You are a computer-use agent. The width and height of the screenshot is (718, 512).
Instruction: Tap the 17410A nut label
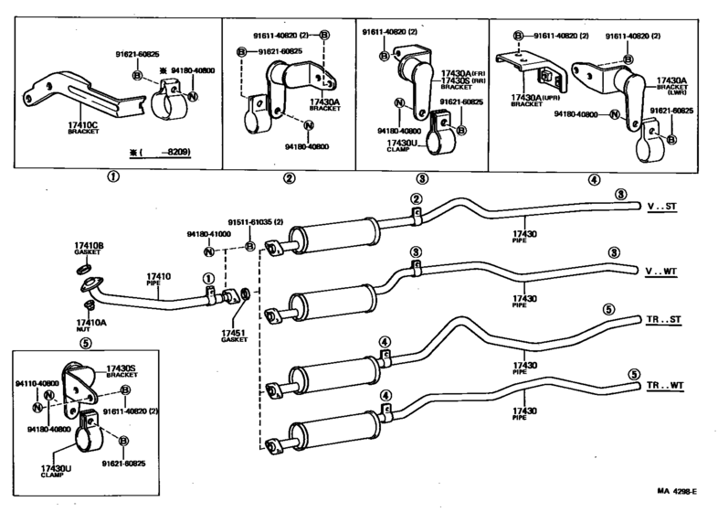click(x=90, y=323)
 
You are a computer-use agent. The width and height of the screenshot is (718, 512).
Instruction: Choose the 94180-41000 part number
click(x=208, y=234)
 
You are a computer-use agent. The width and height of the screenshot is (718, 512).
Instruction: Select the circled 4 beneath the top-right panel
click(x=595, y=179)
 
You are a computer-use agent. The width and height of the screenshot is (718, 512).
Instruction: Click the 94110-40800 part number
click(x=37, y=384)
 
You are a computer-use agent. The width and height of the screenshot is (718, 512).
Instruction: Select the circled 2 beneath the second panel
click(x=289, y=179)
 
